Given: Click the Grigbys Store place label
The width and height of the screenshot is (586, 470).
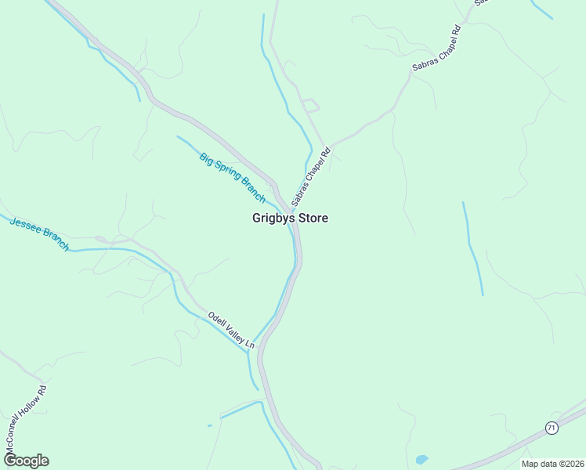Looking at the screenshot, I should pos(290,219).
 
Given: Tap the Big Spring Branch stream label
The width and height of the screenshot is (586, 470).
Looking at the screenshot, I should pos(233,176).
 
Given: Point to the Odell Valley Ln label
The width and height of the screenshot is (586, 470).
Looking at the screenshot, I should pos(231,330).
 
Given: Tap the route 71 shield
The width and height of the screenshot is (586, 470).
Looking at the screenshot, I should pos(552,427).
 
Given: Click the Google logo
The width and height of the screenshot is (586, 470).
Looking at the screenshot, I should pos(26,460).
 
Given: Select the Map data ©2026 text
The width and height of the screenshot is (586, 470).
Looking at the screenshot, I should pos(552,463).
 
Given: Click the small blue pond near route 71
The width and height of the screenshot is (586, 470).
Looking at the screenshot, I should pos(422,458).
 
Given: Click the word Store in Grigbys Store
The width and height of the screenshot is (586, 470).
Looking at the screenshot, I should pos(313,219).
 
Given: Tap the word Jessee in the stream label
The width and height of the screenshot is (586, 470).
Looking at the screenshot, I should pos(25,227).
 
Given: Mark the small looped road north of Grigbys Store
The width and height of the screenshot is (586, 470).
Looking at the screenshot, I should pos(310,105).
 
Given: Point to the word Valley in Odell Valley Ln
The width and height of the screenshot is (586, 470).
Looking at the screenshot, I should pos(233,331).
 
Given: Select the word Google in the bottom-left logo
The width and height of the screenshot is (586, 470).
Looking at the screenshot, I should pos(26,460).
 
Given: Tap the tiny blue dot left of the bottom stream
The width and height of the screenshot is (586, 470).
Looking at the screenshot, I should pos(209,425).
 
